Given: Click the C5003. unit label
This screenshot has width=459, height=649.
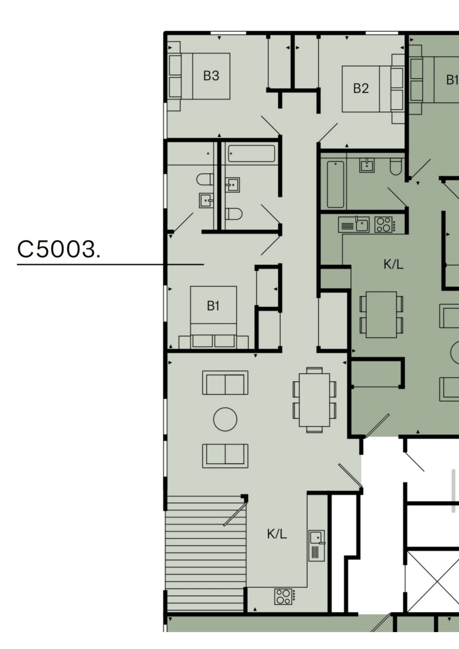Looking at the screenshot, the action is [59, 250].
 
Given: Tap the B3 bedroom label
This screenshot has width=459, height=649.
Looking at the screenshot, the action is [211, 76].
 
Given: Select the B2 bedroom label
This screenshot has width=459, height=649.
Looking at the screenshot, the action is [361, 88].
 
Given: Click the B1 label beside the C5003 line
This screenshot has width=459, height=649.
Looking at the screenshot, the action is [213, 306].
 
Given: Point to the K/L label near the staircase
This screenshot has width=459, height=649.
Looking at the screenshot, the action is [277, 534].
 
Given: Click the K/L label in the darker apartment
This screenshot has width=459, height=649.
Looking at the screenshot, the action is [394, 264].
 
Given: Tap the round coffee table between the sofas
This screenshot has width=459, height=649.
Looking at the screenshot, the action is [225, 419].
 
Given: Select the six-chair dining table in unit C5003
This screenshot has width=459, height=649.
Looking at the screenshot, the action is [315, 400].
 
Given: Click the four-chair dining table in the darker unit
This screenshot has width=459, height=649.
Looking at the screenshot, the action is [381, 315].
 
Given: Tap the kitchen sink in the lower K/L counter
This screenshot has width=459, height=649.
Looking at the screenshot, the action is [317, 546].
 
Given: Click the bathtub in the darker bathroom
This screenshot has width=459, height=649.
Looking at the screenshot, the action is [336, 184].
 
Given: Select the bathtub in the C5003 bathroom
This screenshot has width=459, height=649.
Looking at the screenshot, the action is [251, 153].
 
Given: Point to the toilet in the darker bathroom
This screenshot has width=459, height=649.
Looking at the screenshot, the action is [396, 166].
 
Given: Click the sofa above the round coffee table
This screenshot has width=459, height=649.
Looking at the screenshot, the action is [225, 383].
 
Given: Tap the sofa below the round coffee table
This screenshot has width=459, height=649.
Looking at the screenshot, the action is [225, 456].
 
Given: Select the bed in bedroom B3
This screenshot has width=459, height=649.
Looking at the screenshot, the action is [199, 76].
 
